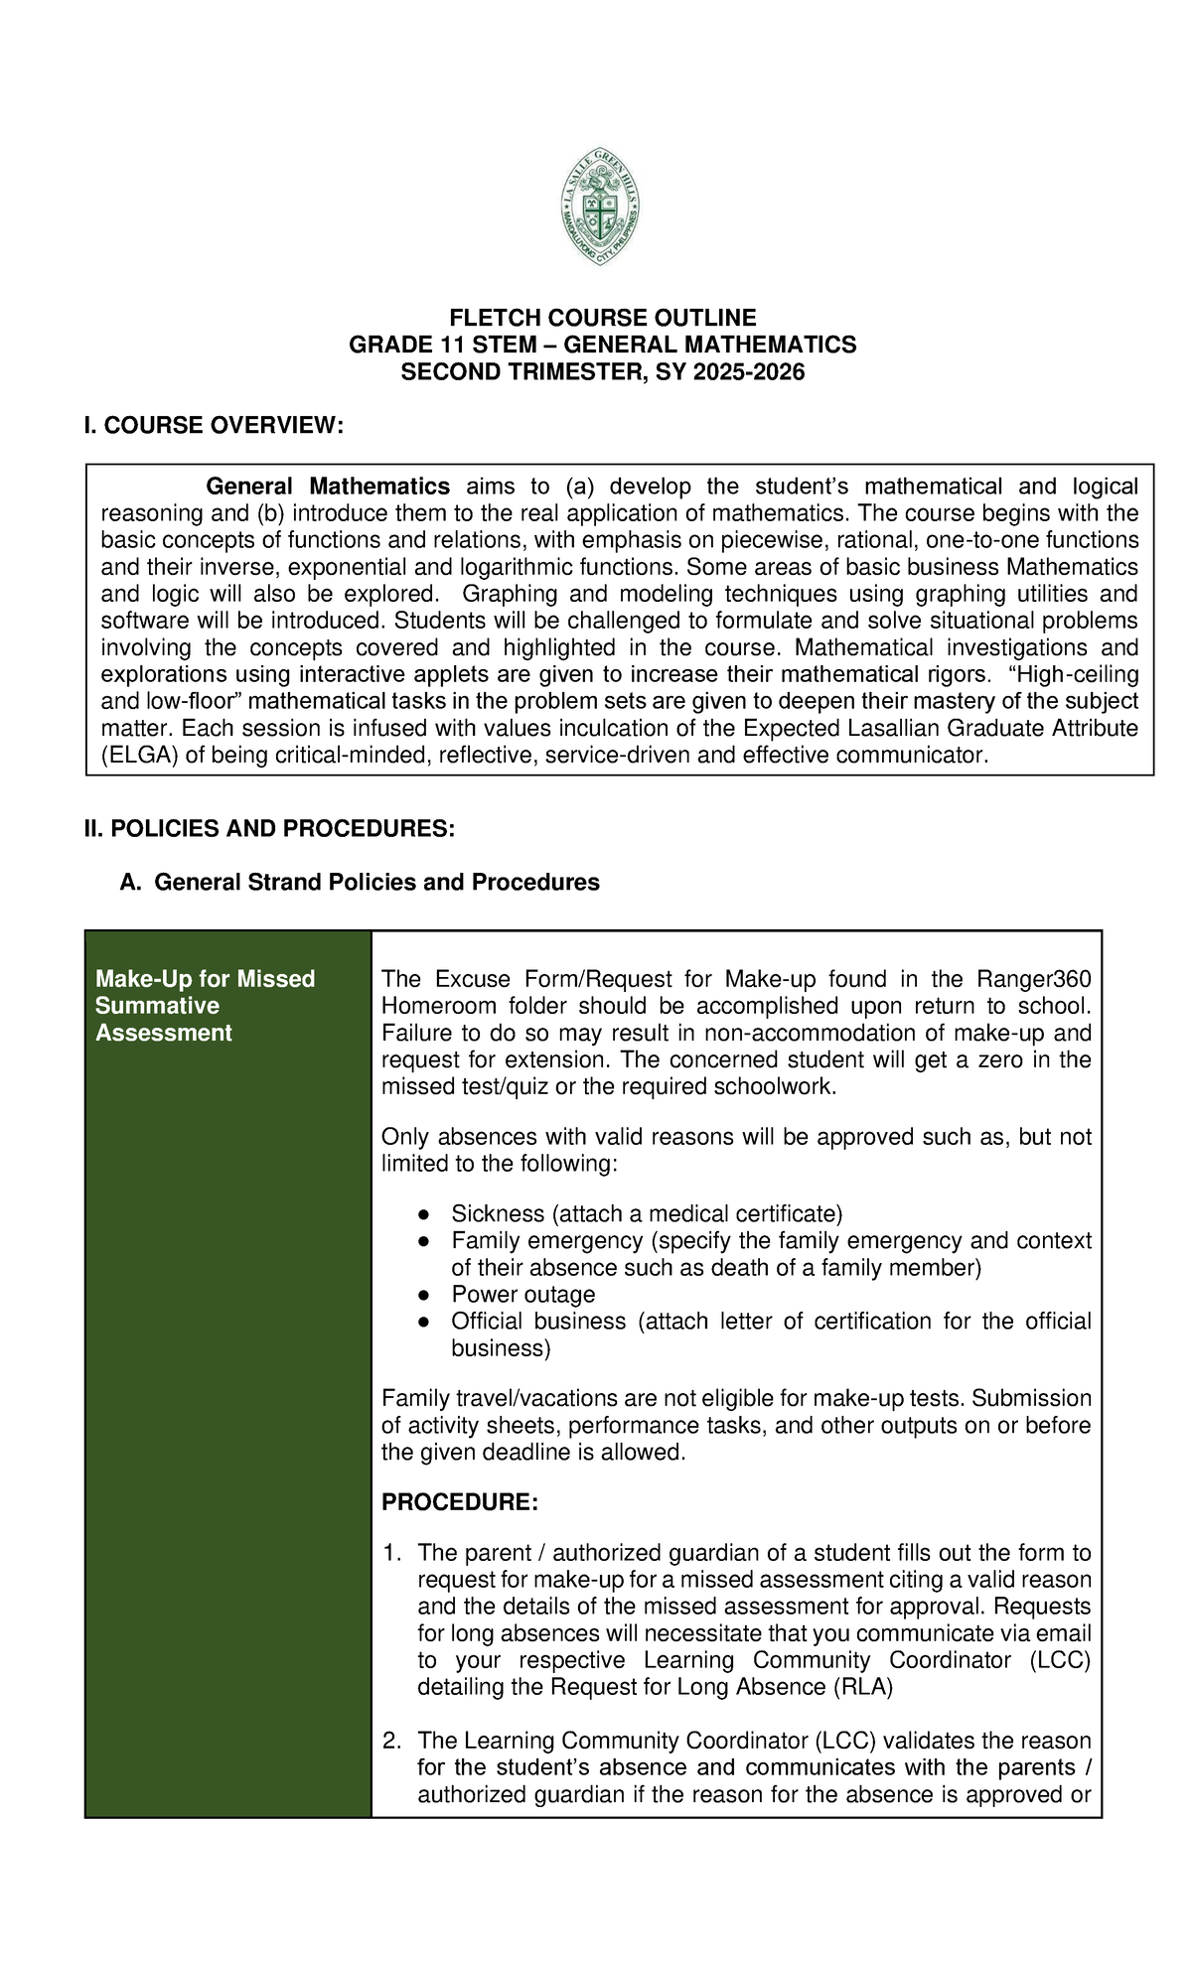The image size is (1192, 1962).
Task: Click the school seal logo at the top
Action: (600, 208)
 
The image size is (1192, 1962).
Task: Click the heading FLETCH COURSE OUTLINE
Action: (602, 318)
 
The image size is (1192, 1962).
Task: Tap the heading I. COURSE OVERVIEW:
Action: (214, 426)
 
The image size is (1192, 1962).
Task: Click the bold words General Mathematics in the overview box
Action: (328, 487)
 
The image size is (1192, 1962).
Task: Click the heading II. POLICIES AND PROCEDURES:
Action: (269, 829)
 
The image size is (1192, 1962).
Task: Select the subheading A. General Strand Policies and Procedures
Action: (360, 882)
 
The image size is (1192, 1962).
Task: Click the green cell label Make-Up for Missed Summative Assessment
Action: (205, 1006)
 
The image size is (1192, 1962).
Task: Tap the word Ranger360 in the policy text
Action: (1034, 979)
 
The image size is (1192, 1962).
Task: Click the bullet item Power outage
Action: (522, 1295)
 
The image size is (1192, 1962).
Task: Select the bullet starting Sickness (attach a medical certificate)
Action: (646, 1213)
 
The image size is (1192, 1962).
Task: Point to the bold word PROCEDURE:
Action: (460, 1502)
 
